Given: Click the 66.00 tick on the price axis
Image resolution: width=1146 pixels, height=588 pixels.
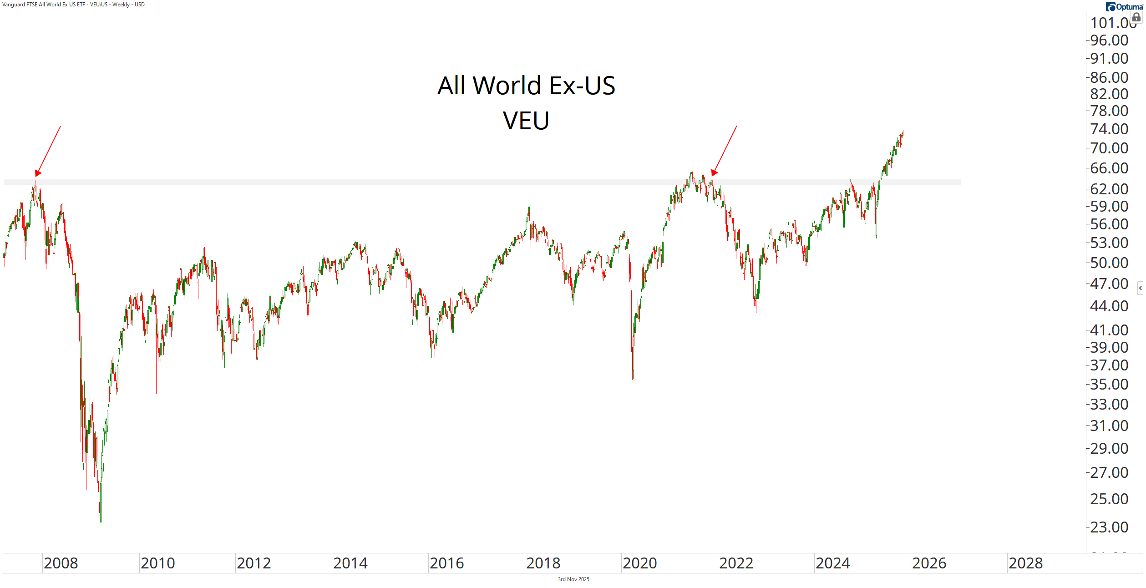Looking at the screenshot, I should point(1109,168).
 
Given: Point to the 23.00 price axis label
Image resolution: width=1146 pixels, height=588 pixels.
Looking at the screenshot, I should point(1109,527).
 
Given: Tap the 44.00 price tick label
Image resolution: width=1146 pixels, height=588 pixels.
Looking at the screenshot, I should point(1109,306).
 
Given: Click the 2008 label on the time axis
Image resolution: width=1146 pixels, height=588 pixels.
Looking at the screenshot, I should point(61,563).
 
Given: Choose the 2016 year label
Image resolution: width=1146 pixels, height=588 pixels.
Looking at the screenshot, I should point(446,563).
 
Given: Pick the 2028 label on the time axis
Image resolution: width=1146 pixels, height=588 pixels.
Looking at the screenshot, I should point(1025,563).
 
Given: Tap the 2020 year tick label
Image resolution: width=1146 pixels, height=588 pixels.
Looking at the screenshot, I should point(639,563).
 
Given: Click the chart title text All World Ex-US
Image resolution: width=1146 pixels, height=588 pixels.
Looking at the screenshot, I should point(526,86).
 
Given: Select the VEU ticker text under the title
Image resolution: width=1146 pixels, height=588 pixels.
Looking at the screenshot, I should point(526,121).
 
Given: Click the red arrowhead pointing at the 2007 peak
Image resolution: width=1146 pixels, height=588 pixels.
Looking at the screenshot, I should point(38,173).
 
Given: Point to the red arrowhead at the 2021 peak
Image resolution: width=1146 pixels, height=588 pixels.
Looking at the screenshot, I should point(714,173).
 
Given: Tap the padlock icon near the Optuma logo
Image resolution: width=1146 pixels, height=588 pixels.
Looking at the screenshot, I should point(1136,17).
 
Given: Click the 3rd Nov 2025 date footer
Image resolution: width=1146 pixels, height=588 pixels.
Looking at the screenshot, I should point(573,579).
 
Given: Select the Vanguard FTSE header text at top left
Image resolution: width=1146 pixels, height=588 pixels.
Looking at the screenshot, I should point(73,5).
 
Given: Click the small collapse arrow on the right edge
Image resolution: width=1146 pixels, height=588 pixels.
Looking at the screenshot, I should point(1140,288).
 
